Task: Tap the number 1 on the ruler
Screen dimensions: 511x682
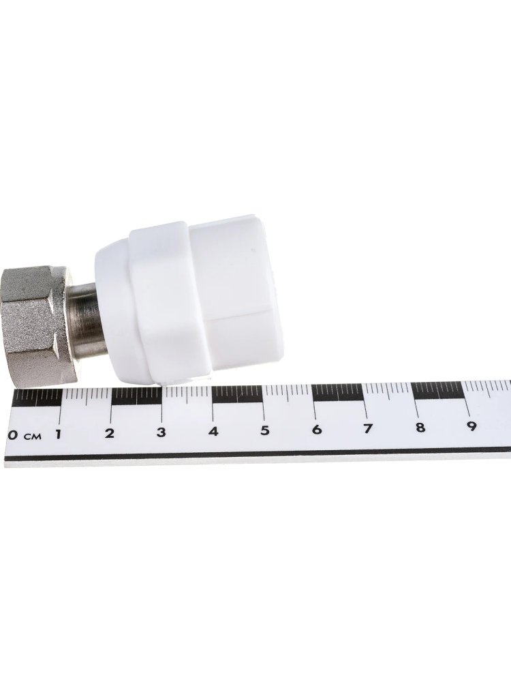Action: pos(58,434)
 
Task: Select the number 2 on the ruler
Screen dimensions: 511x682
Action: pos(110,433)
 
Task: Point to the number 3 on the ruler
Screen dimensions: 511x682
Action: pos(161,432)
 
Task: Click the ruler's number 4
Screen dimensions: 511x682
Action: pos(213,431)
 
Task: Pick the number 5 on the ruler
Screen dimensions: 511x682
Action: pos(264,430)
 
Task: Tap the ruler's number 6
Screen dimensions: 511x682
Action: pos(317,429)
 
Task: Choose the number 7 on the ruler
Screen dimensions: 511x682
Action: pos(368,428)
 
